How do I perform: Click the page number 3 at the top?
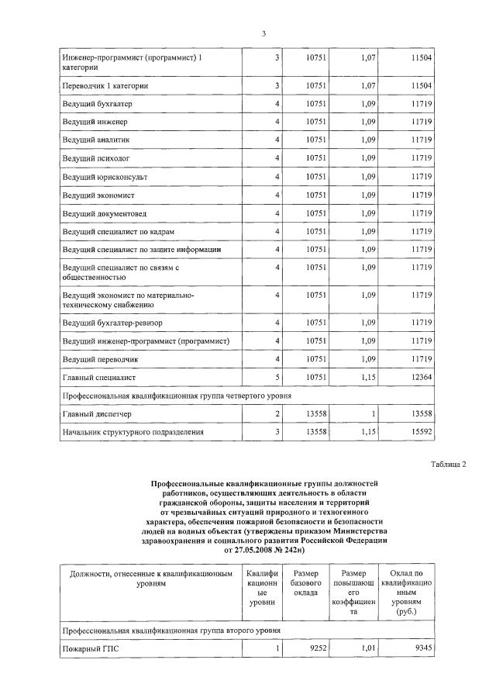pyautogui.click(x=263, y=33)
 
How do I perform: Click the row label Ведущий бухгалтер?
pyautogui.click(x=95, y=103)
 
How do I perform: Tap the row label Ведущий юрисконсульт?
pyautogui.click(x=99, y=177)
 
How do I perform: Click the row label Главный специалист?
pyautogui.click(x=99, y=378)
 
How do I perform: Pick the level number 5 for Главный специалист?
pyautogui.click(x=276, y=378)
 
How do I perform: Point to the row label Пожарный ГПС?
pyautogui.click(x=87, y=647)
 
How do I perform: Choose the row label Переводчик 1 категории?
pyautogui.click(x=105, y=85)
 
